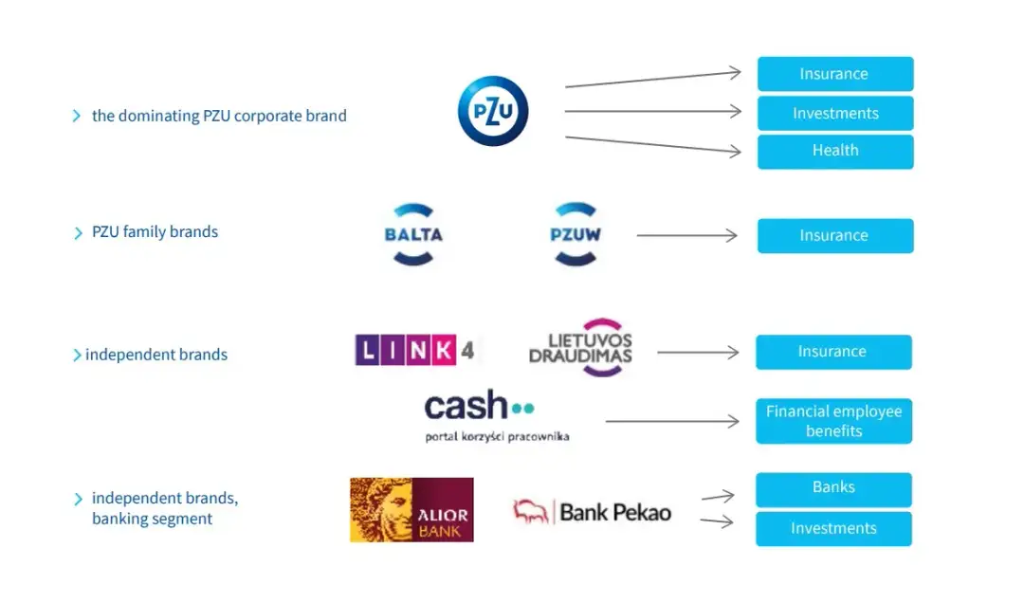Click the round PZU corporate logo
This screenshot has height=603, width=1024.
tap(493, 111)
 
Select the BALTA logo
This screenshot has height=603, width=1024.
tap(413, 234)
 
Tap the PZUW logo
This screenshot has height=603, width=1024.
tap(576, 234)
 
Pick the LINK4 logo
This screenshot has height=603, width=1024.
tap(415, 350)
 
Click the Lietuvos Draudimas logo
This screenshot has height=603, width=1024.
tap(580, 348)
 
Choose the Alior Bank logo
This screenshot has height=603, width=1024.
tap(411, 510)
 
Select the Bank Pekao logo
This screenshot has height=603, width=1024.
tap(592, 513)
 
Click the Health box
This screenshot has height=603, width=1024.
tap(834, 152)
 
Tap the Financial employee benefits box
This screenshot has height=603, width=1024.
tap(833, 421)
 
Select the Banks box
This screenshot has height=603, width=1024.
tap(833, 489)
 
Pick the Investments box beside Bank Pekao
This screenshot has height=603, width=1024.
tap(833, 529)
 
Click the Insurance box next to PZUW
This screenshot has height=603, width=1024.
tap(834, 236)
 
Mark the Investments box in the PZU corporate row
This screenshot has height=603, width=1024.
tap(834, 114)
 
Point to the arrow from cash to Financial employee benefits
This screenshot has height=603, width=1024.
tap(671, 421)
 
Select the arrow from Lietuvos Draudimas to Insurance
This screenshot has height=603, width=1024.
tap(697, 353)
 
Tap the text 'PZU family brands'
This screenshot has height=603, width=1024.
tap(155, 232)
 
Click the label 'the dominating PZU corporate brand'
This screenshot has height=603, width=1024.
tap(219, 117)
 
